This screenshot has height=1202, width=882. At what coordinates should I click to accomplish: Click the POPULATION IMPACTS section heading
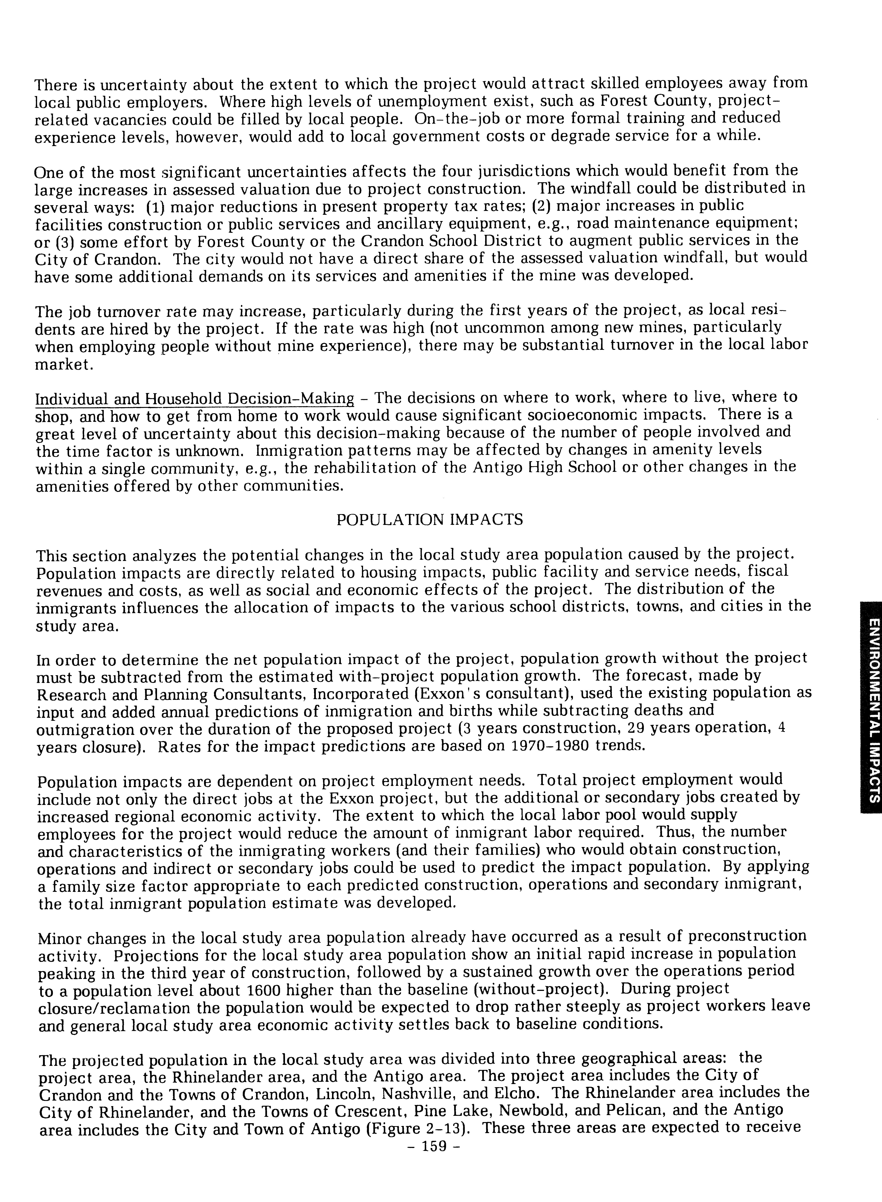tap(430, 520)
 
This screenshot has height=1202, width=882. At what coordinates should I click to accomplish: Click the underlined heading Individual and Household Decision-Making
tap(194, 399)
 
